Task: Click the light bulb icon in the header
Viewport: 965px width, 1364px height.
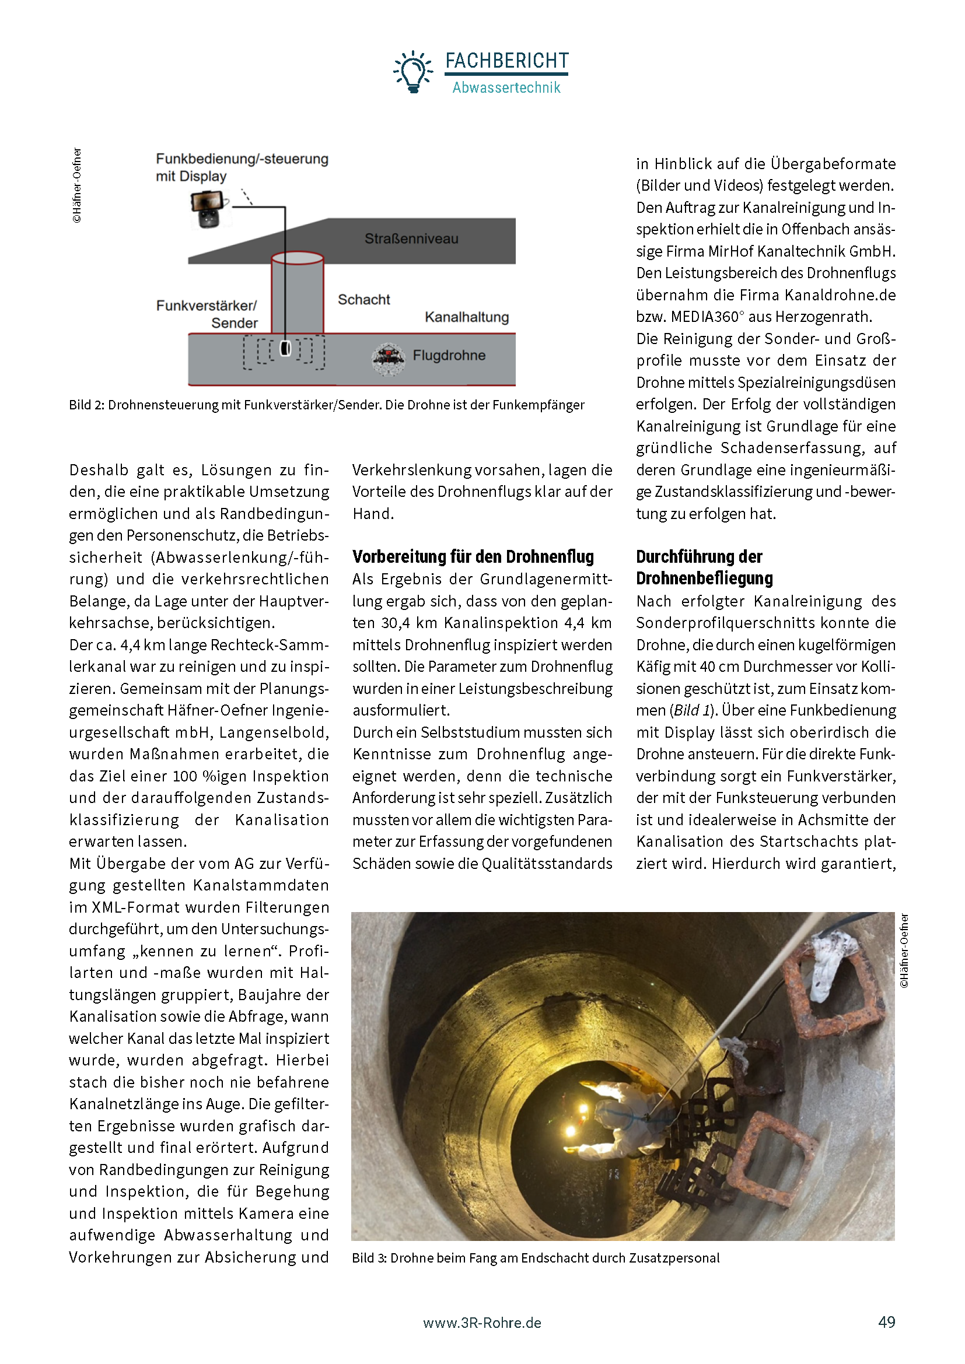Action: click(413, 72)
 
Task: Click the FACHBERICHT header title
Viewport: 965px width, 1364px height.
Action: click(507, 61)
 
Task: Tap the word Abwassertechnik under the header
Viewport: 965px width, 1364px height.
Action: click(506, 88)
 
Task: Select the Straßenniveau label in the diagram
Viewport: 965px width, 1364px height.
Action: click(411, 239)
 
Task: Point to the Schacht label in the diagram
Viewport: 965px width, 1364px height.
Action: click(363, 299)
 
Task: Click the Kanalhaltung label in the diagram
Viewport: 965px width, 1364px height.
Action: click(467, 317)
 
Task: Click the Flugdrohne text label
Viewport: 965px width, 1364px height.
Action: click(449, 355)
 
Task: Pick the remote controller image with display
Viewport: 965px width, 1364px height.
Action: click(208, 209)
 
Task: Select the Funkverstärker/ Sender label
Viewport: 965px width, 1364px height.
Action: click(207, 314)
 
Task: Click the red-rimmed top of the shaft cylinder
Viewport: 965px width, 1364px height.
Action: click(297, 258)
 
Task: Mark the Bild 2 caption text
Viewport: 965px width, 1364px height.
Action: click(326, 405)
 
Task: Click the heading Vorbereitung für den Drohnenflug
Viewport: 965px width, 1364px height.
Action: click(473, 557)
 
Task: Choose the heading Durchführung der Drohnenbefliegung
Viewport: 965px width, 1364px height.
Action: click(704, 567)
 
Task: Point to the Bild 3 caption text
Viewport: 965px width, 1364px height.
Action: click(536, 1258)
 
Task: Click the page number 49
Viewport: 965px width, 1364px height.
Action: click(886, 1323)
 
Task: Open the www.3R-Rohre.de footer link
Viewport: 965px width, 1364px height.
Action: click(482, 1323)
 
